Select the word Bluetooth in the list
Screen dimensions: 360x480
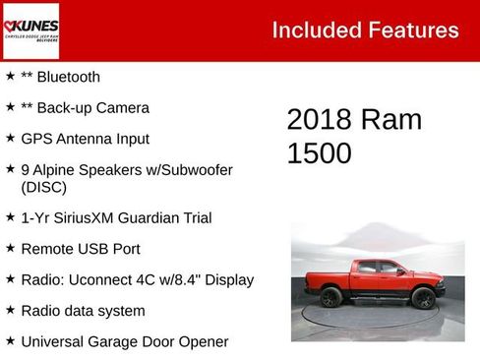coord(68,77)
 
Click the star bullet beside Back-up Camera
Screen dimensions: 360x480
coord(10,107)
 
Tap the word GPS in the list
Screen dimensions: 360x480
coord(36,139)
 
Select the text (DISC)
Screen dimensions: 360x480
coord(42,186)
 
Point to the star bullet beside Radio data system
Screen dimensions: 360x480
coord(10,311)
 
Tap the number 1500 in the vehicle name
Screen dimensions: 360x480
coord(319,153)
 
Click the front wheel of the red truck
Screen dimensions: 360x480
coord(424,298)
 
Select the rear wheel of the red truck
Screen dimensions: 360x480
coord(330,297)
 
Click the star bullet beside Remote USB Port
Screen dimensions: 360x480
coord(10,248)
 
